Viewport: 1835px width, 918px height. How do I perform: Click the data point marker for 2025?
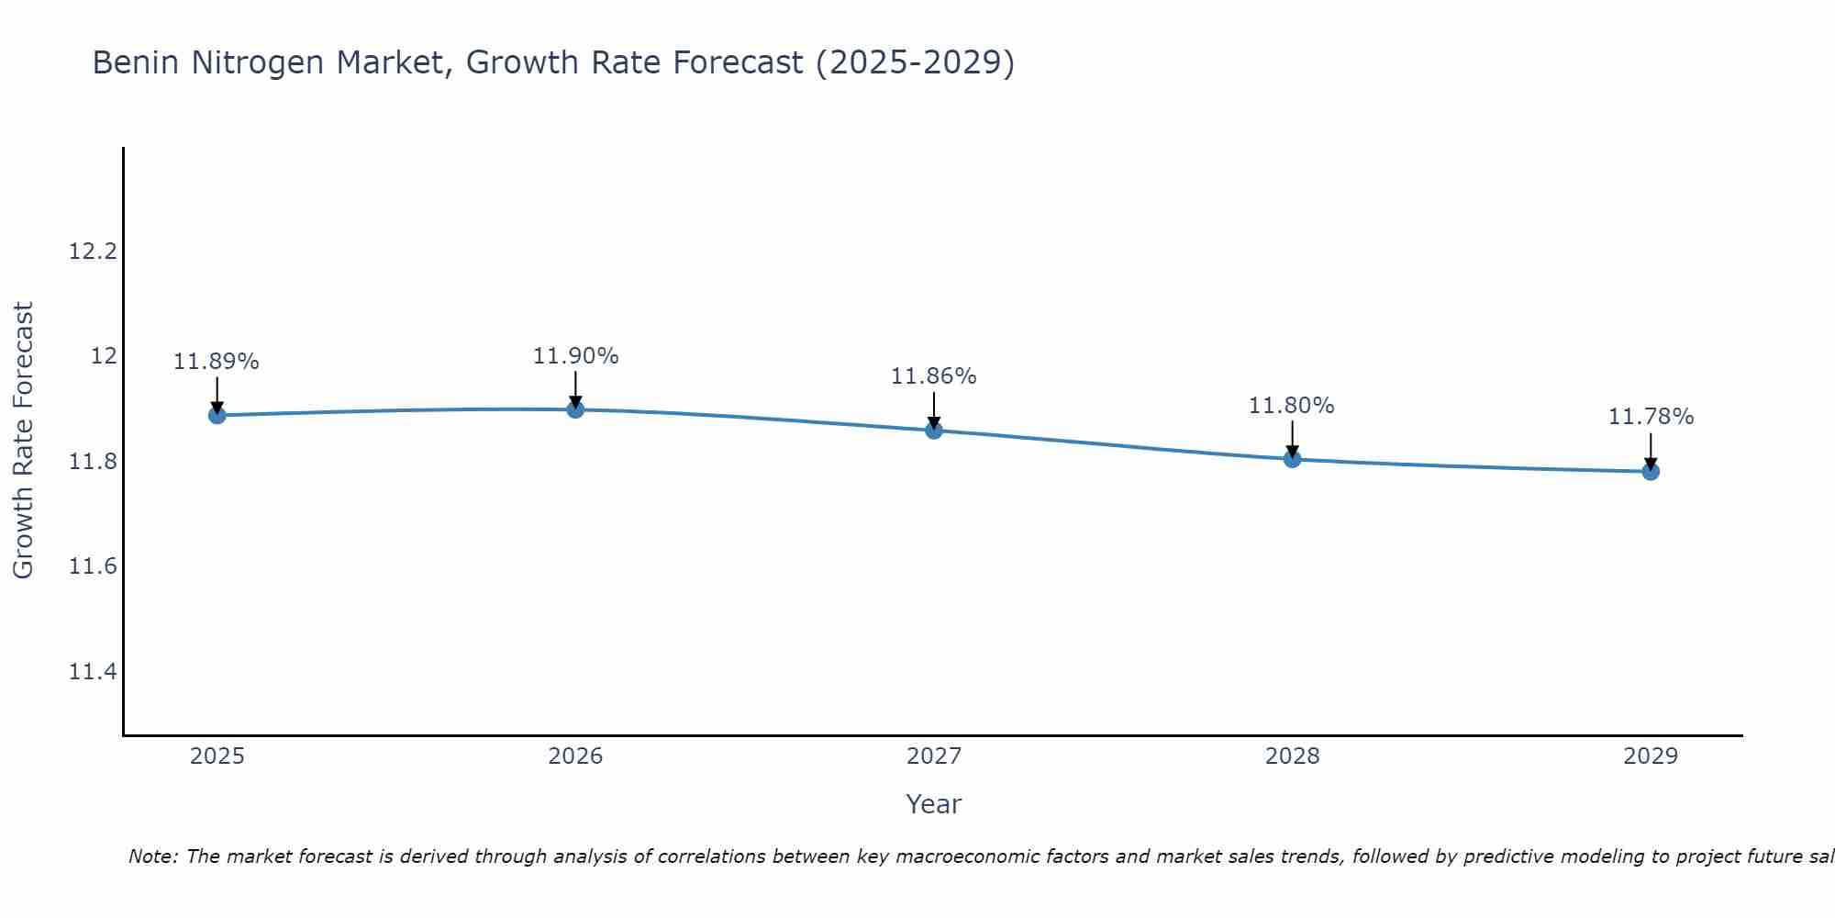point(217,415)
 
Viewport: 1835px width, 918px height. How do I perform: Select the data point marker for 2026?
point(575,409)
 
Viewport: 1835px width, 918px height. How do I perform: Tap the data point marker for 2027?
point(934,430)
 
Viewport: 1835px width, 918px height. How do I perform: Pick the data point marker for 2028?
point(1292,459)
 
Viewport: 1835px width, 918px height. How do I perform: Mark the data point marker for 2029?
point(1651,472)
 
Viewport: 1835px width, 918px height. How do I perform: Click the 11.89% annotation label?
point(217,362)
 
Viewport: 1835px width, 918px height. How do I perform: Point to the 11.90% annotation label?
point(575,356)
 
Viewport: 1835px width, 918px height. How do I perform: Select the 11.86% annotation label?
point(934,376)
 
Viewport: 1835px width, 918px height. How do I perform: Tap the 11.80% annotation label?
point(1292,406)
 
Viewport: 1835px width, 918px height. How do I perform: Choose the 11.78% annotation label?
point(1651,417)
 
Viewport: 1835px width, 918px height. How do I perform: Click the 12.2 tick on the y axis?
point(94,251)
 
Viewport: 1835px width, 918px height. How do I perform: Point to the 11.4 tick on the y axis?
point(94,672)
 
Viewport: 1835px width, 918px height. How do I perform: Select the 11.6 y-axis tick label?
point(94,566)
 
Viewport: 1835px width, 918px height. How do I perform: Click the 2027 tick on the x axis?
point(934,756)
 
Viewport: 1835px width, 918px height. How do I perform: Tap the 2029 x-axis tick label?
point(1651,756)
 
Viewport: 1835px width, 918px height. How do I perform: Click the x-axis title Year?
point(934,804)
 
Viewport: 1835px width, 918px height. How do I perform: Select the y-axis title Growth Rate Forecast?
point(24,441)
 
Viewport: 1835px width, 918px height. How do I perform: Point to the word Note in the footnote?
point(151,856)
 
